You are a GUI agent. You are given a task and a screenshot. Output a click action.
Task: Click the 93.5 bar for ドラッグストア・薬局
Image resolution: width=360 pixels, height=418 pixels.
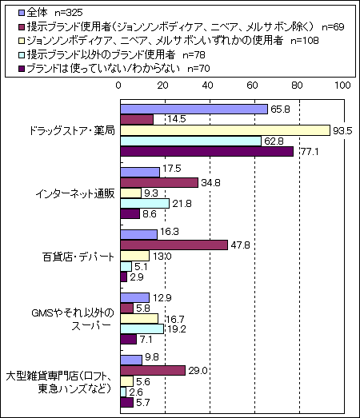[226, 130]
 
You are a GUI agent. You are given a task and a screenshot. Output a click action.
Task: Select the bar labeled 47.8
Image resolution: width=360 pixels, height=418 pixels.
[174, 245]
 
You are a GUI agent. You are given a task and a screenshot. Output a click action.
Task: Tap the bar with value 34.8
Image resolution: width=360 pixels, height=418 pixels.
[159, 182]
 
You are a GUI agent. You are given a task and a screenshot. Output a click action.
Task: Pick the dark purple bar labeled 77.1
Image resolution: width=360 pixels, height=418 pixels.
[207, 151]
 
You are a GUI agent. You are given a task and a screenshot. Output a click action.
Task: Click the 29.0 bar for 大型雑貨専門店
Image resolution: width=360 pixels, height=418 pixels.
[153, 371]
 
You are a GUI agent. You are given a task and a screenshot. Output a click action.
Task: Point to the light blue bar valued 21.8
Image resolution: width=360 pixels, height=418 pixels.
[145, 203]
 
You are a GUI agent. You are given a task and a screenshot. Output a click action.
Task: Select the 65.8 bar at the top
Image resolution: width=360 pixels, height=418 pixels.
[194, 109]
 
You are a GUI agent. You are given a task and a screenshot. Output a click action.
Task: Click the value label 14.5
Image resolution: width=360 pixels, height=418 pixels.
[177, 119]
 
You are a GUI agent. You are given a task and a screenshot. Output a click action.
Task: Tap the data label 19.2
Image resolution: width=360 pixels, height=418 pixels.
[177, 329]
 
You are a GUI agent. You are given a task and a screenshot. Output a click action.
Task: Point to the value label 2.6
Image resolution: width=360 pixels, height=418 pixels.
[135, 392]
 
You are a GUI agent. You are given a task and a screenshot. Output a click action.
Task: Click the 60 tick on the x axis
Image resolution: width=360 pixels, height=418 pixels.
[252, 86]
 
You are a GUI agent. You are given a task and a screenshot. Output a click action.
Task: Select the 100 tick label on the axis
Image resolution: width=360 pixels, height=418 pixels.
[342, 86]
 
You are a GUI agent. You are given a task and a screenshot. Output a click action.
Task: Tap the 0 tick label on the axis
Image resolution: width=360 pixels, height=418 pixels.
[118, 86]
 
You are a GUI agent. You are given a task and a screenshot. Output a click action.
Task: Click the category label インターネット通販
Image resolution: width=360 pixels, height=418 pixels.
[75, 193]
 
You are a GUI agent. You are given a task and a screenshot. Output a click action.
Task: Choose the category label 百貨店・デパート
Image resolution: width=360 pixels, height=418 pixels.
[78, 257]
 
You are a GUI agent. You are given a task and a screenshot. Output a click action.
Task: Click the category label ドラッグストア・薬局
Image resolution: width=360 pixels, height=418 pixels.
[72, 130]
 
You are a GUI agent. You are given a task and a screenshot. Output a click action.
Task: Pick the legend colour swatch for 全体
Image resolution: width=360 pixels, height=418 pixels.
[22, 12]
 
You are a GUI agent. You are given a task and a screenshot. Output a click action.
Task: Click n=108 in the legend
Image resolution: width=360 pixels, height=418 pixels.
[305, 41]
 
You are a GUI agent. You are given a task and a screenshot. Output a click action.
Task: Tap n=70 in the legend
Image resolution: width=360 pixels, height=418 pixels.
[198, 69]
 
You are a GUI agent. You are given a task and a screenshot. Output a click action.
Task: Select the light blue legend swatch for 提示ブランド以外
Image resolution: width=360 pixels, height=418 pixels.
[22, 55]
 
